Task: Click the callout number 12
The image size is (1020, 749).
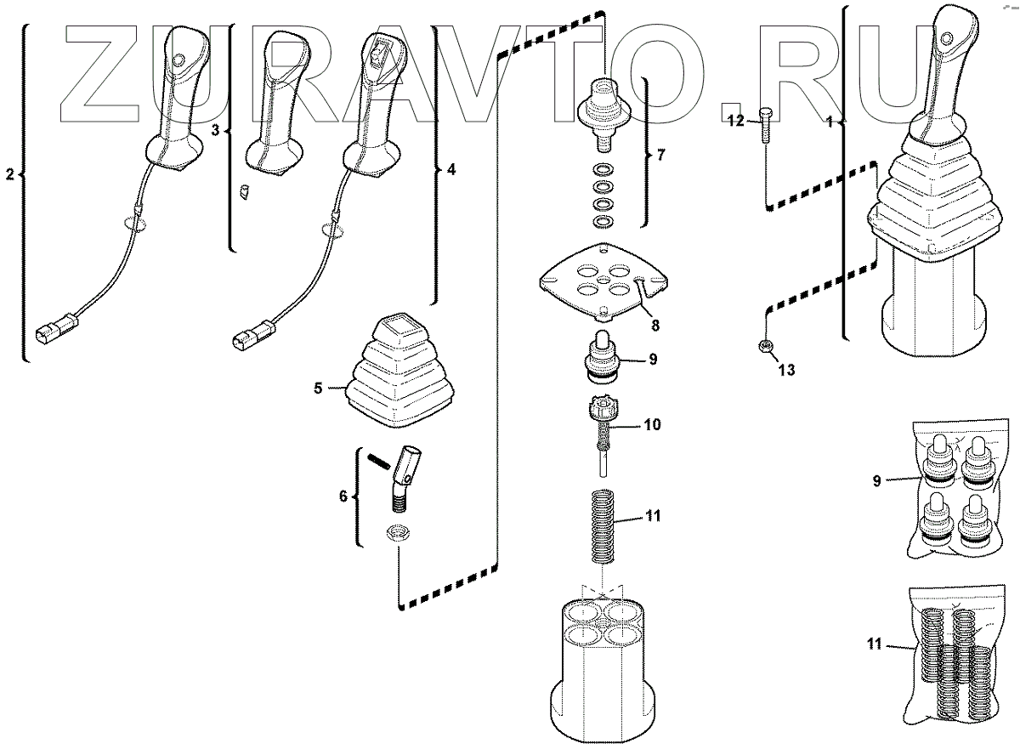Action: coord(735,122)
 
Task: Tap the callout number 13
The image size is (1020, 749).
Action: coord(787,370)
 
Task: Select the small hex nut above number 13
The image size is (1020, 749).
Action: coord(765,345)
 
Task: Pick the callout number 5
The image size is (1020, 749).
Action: coord(318,389)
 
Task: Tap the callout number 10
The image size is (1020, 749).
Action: coord(652,423)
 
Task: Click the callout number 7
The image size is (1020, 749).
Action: coord(661,156)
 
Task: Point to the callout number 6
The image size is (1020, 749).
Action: coord(343,496)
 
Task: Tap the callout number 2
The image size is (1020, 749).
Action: coord(10,175)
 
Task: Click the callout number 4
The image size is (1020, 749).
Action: coord(450,170)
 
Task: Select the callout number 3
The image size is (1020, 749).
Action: coord(215,130)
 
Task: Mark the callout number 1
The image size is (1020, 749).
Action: coord(830,122)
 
